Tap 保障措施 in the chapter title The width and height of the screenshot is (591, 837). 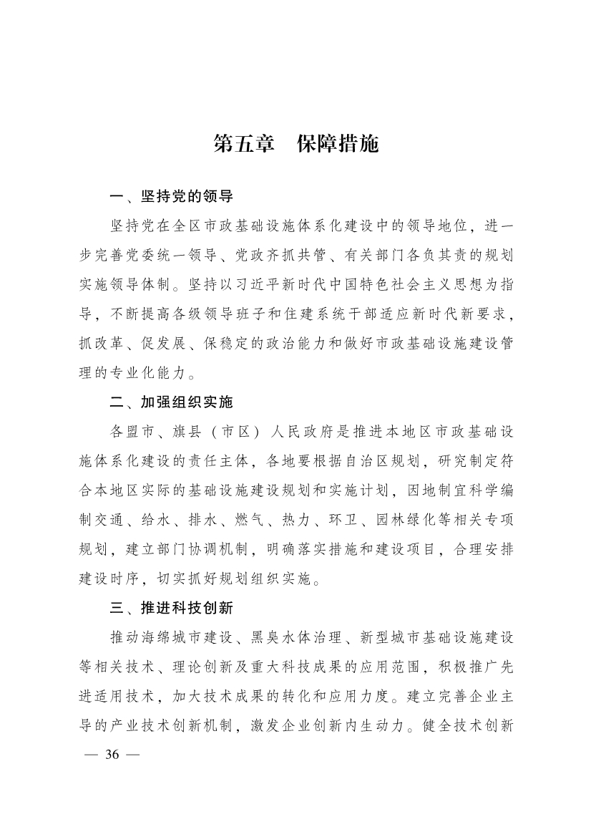337,144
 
